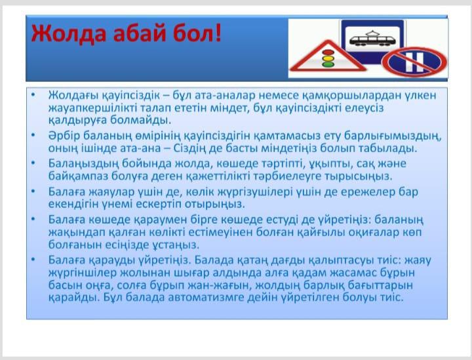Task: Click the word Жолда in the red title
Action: click(x=69, y=33)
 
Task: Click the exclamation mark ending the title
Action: click(x=218, y=33)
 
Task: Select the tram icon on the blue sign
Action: click(x=372, y=39)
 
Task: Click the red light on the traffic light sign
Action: click(x=327, y=52)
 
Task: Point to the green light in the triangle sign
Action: click(x=328, y=64)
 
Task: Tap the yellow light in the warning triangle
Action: click(x=328, y=58)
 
